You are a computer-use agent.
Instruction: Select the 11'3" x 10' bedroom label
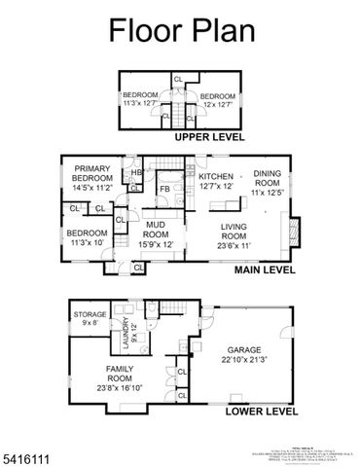pos(87,238)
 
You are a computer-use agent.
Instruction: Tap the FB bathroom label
pos(165,188)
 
